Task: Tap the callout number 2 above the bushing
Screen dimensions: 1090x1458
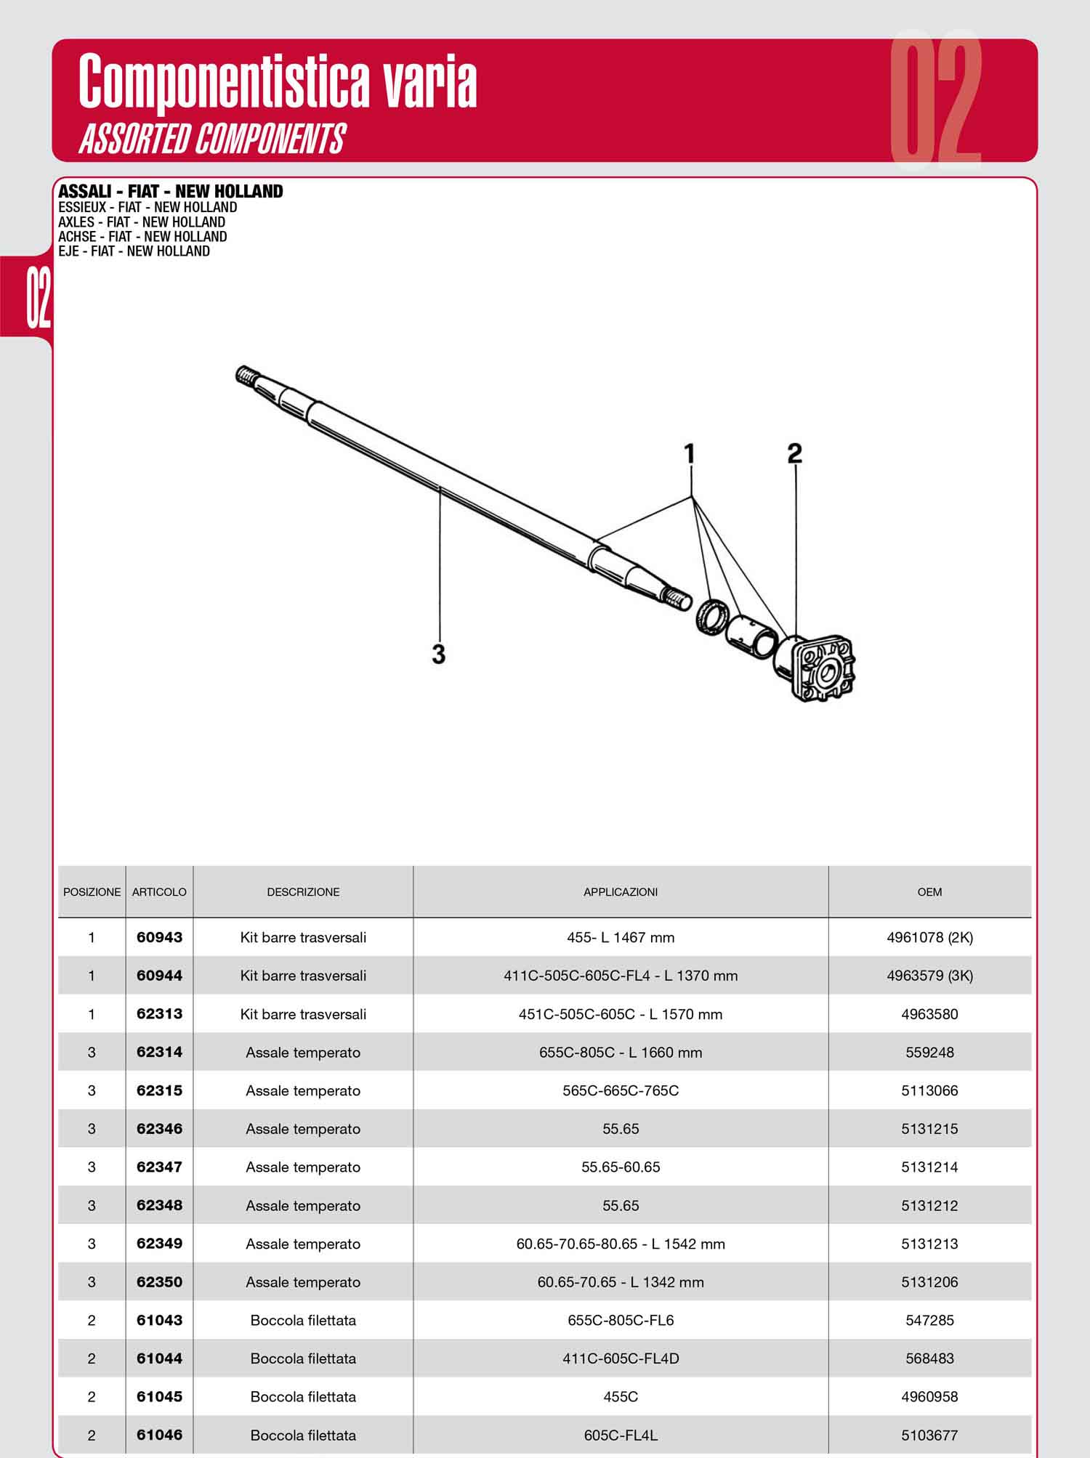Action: click(x=795, y=453)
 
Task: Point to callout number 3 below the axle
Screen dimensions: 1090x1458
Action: click(x=438, y=654)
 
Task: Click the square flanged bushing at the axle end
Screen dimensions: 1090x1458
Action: click(x=816, y=668)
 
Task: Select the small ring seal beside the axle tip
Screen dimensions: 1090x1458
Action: click(x=710, y=617)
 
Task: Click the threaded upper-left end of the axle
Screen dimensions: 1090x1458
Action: click(x=248, y=376)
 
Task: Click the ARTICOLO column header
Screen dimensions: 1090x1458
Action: click(x=159, y=892)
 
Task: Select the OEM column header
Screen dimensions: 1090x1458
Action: click(x=929, y=892)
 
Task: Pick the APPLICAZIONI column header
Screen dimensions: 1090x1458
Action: click(x=621, y=892)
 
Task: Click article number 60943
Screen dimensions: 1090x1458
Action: click(x=159, y=937)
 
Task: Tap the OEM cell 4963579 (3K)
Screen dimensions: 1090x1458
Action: click(x=929, y=976)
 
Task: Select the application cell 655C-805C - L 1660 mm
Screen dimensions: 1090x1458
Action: click(x=621, y=1053)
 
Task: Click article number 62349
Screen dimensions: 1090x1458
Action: click(x=159, y=1244)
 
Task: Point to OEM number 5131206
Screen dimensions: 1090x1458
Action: click(x=929, y=1282)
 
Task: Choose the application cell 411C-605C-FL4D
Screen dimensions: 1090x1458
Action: click(x=621, y=1358)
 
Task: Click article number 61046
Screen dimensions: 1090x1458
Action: click(x=159, y=1435)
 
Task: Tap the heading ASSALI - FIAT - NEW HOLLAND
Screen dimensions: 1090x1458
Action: click(x=171, y=192)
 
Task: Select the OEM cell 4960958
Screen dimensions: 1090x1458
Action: click(x=929, y=1397)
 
